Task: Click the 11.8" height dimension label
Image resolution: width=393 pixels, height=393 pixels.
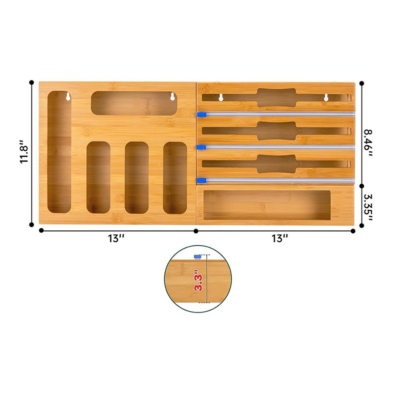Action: click(x=25, y=152)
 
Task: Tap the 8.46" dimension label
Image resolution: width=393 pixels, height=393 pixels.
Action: click(x=368, y=142)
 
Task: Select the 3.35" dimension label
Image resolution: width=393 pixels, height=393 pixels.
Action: click(x=368, y=207)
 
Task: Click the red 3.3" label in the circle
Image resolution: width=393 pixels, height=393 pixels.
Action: click(x=198, y=280)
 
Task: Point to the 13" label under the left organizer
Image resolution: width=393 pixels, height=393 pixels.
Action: click(x=116, y=238)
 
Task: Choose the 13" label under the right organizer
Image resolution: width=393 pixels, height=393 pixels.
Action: click(x=280, y=238)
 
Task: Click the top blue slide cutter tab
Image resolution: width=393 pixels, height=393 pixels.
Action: click(x=201, y=114)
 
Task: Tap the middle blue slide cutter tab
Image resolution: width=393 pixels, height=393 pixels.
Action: click(x=201, y=147)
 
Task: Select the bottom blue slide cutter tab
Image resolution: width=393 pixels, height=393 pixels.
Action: click(x=201, y=180)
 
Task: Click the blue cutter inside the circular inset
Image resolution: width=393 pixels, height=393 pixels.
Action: click(x=197, y=256)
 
